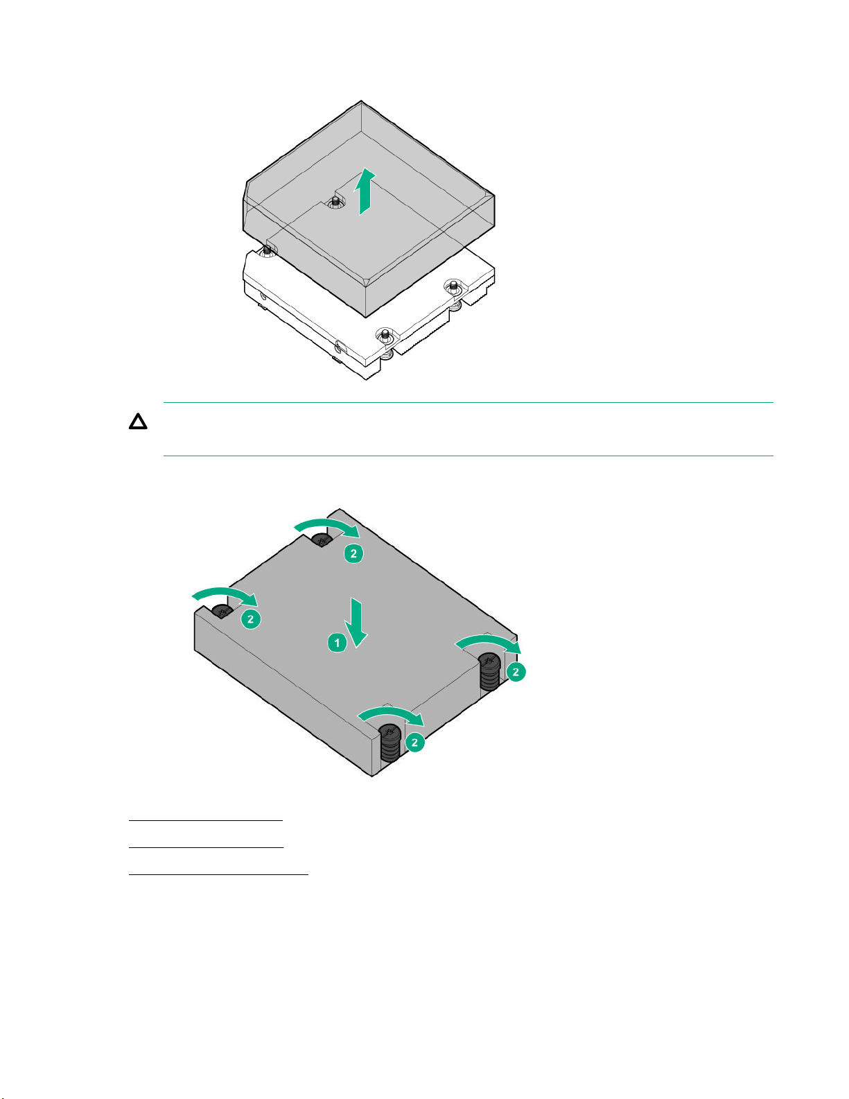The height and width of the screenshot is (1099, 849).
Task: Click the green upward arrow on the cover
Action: pyautogui.click(x=365, y=192)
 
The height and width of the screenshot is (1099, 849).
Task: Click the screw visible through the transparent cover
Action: pyautogui.click(x=334, y=202)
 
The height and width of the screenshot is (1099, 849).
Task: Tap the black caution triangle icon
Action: pyautogui.click(x=138, y=422)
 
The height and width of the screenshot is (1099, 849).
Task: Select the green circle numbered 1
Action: pyautogui.click(x=337, y=643)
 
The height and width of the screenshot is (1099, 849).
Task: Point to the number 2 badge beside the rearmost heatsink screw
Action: pyautogui.click(x=353, y=553)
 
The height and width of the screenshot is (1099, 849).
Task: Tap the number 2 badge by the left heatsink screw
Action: pyautogui.click(x=251, y=619)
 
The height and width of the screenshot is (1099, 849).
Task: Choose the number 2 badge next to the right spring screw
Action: pyautogui.click(x=516, y=672)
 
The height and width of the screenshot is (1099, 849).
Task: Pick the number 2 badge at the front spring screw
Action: pyautogui.click(x=415, y=743)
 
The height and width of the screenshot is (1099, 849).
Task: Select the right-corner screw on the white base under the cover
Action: pyautogui.click(x=453, y=286)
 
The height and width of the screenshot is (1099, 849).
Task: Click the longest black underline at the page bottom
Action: pyautogui.click(x=218, y=874)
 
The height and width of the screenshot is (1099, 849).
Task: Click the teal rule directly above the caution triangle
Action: pyautogui.click(x=469, y=403)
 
